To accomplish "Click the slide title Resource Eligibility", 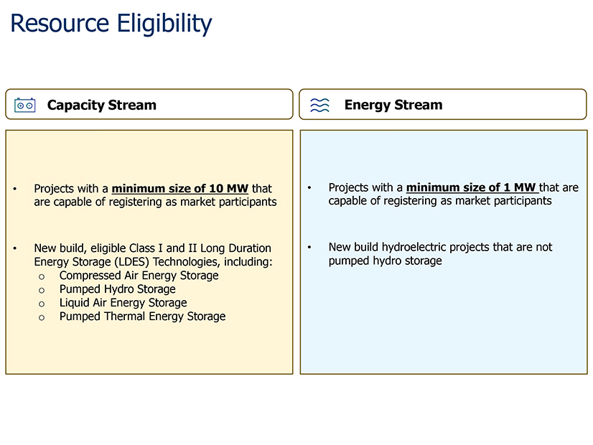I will (x=111, y=23).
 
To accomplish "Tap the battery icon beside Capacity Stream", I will (x=25, y=105).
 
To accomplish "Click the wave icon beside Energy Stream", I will (x=319, y=105).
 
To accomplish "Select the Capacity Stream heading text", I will (x=101, y=105).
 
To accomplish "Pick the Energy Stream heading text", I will (x=393, y=105).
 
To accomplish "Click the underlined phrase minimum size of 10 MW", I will (x=179, y=189).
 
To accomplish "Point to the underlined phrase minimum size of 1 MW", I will (x=472, y=187).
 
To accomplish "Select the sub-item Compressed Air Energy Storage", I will (x=139, y=276).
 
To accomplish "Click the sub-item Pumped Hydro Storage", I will (x=117, y=289).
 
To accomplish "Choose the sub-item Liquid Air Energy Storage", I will (x=123, y=303).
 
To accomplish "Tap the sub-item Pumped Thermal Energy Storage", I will (x=142, y=317).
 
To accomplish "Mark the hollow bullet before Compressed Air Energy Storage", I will (x=42, y=276).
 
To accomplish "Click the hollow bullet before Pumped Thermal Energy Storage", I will (x=42, y=317).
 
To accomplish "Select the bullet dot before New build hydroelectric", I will (x=309, y=248).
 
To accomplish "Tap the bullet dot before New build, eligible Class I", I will (x=15, y=249).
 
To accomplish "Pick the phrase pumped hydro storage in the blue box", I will (x=385, y=261).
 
